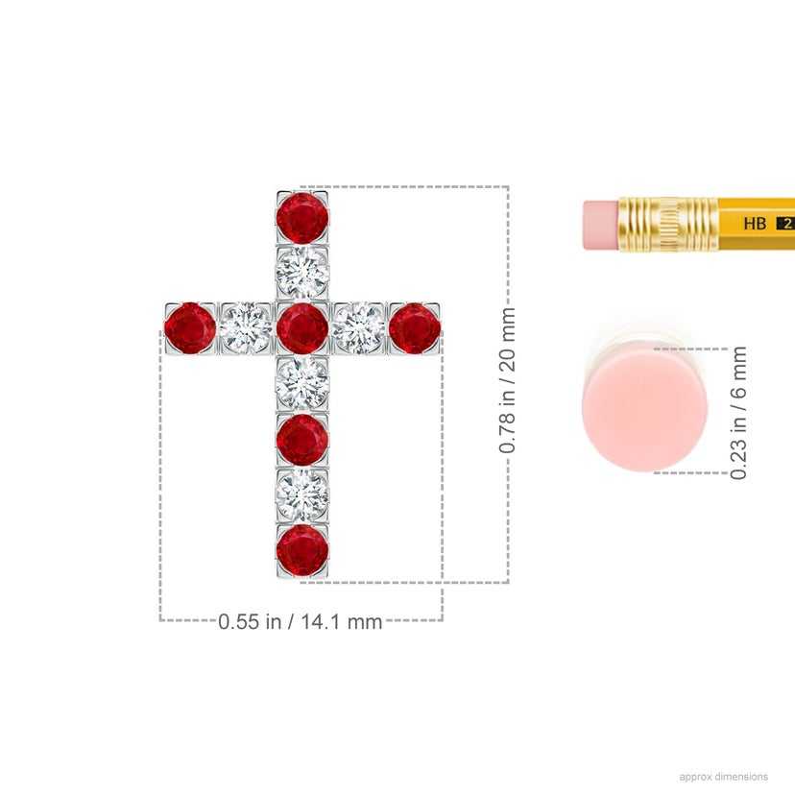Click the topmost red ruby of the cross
[302, 218]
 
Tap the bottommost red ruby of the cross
[302, 550]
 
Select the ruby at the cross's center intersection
[302, 328]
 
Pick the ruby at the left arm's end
[190, 328]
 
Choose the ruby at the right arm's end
[414, 328]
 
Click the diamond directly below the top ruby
[302, 273]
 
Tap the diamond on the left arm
[246, 328]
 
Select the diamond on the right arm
[358, 328]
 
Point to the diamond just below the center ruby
[302, 383]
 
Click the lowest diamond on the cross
[302, 494]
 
